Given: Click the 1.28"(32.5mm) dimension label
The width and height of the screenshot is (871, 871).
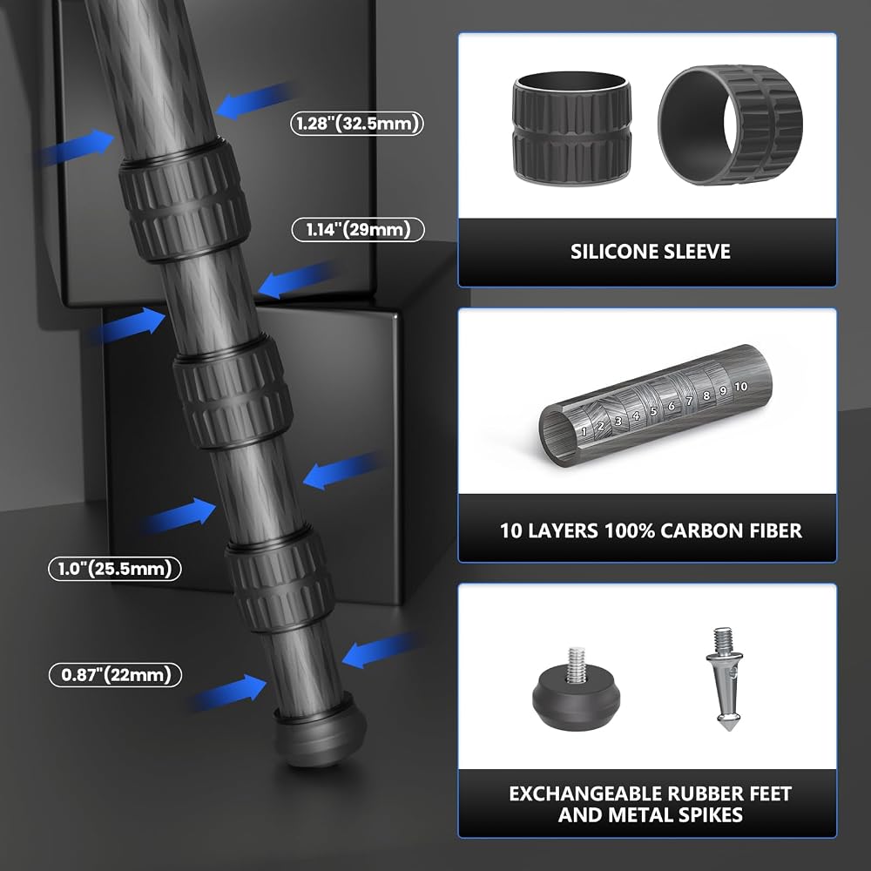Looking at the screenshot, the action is click(x=357, y=124).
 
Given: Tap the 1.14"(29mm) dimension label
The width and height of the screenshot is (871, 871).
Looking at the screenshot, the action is click(x=358, y=230).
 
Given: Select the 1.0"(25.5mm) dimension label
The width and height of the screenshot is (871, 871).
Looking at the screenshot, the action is click(x=115, y=569).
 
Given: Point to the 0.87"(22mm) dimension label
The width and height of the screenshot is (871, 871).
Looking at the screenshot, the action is click(x=116, y=675).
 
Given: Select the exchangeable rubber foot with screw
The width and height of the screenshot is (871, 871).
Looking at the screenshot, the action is click(x=576, y=691).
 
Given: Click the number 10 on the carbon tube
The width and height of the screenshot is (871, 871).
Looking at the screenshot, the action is click(x=740, y=387).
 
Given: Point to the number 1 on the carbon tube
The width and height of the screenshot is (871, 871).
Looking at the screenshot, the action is click(x=584, y=431).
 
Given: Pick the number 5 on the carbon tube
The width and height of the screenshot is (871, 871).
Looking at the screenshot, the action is click(x=653, y=411).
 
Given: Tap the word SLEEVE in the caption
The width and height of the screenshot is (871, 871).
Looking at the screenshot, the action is click(x=699, y=253).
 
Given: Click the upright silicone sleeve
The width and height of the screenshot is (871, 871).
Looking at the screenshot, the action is click(x=571, y=127).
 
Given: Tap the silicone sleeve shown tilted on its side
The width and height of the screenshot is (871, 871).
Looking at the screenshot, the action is click(x=730, y=125).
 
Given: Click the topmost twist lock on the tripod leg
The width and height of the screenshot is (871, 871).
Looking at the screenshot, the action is click(x=185, y=201).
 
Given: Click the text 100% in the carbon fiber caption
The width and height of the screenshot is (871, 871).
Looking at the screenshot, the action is click(x=629, y=531).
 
